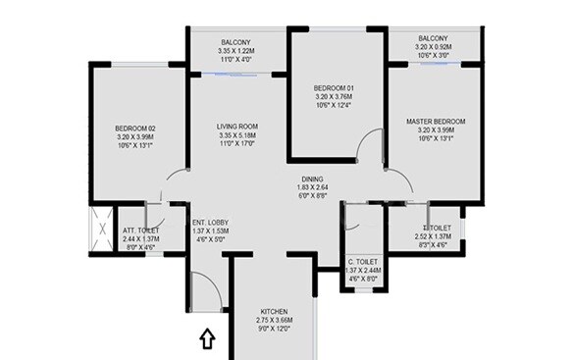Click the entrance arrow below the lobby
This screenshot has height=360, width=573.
click(206, 339)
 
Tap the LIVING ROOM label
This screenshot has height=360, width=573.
click(237, 127)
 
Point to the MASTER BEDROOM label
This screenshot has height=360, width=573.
click(436, 121)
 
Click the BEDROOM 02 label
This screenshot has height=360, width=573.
click(136, 129)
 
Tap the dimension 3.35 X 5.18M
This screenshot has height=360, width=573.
click(237, 136)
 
